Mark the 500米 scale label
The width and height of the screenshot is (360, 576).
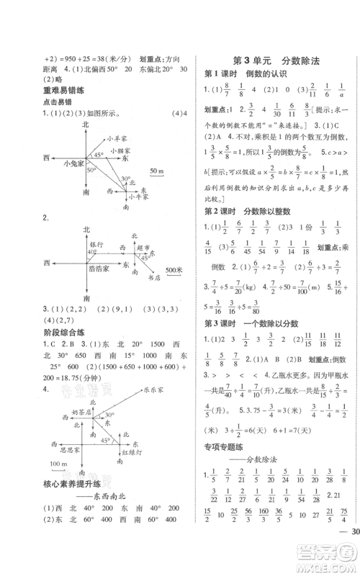click(x=174, y=269)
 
